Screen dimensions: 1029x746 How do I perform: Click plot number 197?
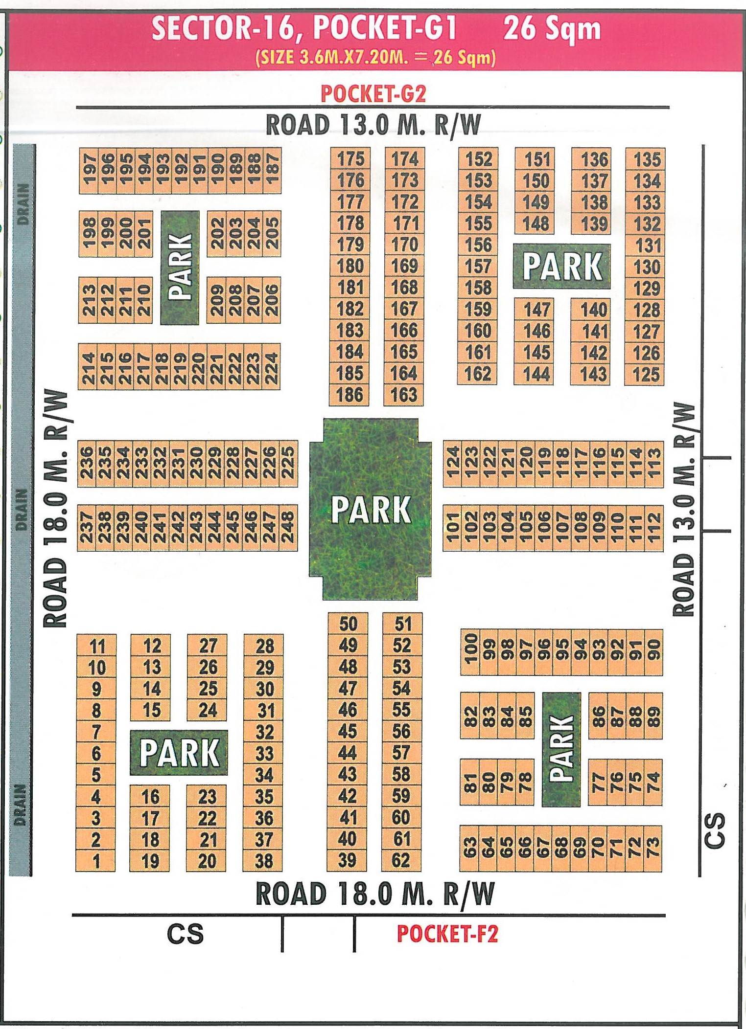click(x=89, y=169)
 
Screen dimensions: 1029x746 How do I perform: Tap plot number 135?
click(x=647, y=159)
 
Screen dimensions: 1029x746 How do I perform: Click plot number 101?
click(x=452, y=527)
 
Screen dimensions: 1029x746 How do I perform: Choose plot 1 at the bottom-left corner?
click(x=96, y=861)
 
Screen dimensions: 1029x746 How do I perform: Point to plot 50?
click(x=348, y=624)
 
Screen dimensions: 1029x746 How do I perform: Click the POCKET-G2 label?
click(x=373, y=93)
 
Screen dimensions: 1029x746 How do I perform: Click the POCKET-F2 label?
click(x=447, y=934)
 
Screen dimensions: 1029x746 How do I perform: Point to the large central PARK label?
click(x=371, y=510)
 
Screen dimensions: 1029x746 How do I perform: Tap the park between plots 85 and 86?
click(x=561, y=749)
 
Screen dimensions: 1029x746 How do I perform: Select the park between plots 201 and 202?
click(x=180, y=267)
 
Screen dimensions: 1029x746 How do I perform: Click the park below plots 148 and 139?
click(x=562, y=266)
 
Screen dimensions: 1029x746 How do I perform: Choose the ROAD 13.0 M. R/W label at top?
click(x=373, y=125)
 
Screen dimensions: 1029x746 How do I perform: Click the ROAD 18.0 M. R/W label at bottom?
click(x=375, y=895)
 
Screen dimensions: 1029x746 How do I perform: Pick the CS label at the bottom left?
click(x=185, y=934)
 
